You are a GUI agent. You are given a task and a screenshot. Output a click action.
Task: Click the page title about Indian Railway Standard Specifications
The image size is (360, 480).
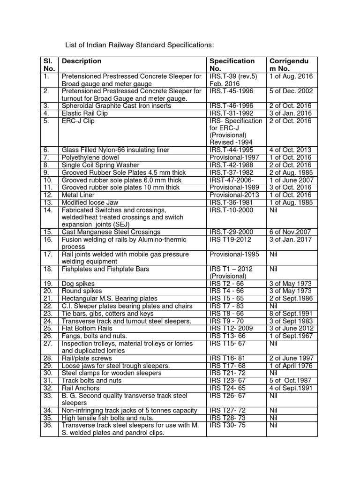coord(139,45)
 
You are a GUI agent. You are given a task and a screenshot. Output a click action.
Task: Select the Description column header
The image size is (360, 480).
coord(82,61)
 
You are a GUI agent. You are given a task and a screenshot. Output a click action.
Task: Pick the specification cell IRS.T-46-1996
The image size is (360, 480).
coord(231,106)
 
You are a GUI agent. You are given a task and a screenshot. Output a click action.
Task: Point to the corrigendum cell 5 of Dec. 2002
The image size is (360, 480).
coord(291,91)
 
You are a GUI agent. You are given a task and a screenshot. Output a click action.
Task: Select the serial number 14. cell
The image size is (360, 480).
coord(49,210)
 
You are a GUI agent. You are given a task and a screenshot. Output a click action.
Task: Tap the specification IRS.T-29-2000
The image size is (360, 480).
coord(231,232)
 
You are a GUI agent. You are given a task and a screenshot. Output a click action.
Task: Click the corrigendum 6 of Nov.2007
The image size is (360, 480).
coord(291,232)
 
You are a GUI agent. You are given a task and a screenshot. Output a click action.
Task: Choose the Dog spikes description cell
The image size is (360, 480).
coord(78,284)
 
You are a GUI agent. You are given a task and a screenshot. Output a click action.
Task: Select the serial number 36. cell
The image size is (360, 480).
coord(49,425)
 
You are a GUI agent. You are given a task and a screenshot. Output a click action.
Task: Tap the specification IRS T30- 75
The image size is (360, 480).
coord(228,425)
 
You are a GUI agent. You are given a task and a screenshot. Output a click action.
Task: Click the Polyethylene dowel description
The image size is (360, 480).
coord(90,157)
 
